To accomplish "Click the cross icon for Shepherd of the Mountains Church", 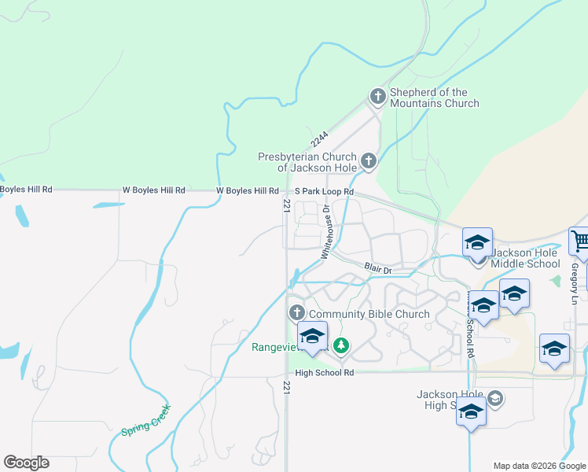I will (x=377, y=97).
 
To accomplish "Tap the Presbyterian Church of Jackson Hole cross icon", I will (x=368, y=162).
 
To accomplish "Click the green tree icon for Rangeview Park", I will (x=340, y=345).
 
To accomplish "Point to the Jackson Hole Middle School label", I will (x=525, y=259).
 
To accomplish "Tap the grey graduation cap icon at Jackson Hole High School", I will (x=494, y=399).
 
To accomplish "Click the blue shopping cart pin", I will (x=580, y=242).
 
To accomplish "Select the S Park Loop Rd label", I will (x=325, y=191).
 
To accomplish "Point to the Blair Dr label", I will (x=378, y=268).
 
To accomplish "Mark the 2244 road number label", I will (x=319, y=138).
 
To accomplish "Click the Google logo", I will (x=26, y=463).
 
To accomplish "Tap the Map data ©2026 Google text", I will (x=540, y=466).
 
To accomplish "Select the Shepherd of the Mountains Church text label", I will (x=434, y=98).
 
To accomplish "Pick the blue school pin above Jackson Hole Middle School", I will (x=477, y=243).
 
